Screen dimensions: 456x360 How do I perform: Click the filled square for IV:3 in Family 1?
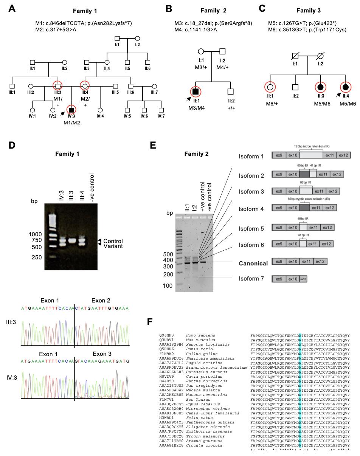(x=71, y=110)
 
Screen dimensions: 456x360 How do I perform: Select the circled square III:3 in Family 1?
(x=57, y=86)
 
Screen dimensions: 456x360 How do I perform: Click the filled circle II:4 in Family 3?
(x=345, y=87)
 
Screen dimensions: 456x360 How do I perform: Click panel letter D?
(x=12, y=145)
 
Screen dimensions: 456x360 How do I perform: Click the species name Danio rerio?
(x=197, y=349)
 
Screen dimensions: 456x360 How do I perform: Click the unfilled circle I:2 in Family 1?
(x=138, y=39)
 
